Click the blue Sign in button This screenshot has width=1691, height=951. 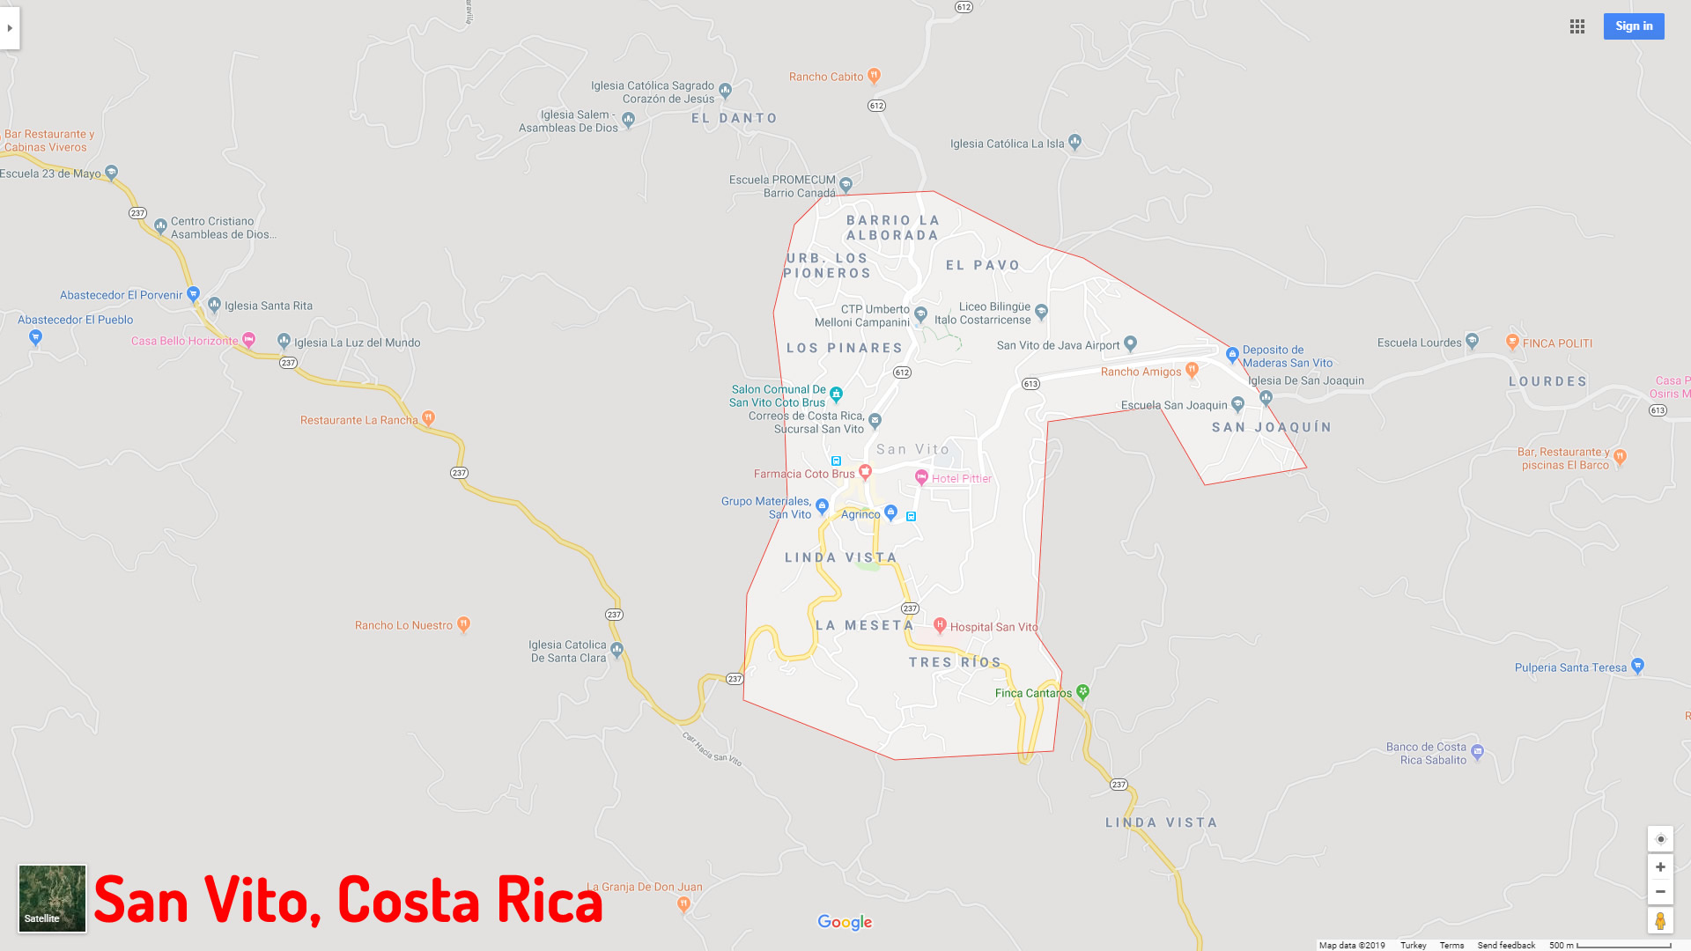point(1634,26)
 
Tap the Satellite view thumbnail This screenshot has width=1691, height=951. point(52,898)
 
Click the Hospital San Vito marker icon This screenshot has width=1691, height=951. point(940,625)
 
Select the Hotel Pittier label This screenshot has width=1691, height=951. point(961,479)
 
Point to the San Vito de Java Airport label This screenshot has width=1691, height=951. point(1058,345)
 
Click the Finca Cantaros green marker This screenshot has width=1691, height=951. point(1083,692)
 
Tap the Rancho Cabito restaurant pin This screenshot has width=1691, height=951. point(874,76)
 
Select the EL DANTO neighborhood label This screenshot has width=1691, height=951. point(735,118)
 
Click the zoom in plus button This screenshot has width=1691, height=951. point(1660,867)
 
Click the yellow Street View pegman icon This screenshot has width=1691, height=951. point(1660,921)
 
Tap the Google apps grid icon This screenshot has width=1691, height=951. point(1577,26)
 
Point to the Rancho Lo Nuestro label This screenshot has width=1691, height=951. point(403,625)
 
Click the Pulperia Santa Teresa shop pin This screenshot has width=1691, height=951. point(1637,666)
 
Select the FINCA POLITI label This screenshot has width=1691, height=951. point(1557,343)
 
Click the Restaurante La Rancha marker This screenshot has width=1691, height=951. point(428,418)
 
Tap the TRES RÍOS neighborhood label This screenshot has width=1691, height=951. point(956,662)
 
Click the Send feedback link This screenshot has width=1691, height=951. point(1506,945)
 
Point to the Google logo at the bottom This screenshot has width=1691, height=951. point(845,922)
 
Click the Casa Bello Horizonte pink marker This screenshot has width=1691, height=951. point(248,339)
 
